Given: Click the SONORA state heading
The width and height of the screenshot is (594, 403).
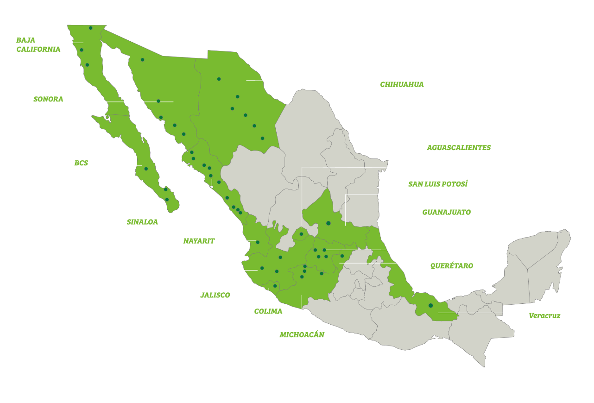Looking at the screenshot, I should [x=48, y=99].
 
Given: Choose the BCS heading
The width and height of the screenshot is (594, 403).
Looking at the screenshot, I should [x=81, y=163].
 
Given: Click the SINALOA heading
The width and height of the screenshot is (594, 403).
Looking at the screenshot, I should [x=142, y=222].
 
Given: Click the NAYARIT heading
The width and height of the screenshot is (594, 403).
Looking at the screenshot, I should [x=199, y=241].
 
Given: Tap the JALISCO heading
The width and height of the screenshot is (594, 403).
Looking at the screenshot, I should [x=215, y=295].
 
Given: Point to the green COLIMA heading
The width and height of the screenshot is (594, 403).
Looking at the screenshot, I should [x=268, y=311].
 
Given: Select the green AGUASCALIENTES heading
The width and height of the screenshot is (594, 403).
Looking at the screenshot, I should [x=459, y=148].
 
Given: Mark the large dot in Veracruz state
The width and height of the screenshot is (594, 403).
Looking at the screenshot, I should [x=430, y=305].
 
